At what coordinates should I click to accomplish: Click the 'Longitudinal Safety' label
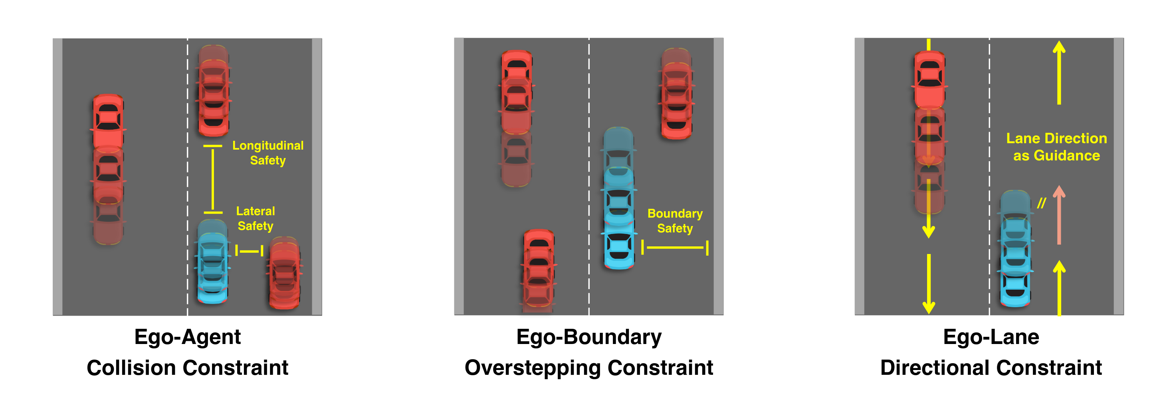point(268,153)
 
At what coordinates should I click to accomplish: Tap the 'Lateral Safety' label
point(256,218)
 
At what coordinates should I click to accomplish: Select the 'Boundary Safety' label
point(675,221)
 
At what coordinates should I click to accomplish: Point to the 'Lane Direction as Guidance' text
point(1056,146)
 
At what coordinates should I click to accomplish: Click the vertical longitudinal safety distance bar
point(213,179)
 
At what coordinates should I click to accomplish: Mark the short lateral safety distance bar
point(249,250)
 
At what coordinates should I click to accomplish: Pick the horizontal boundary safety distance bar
point(675,248)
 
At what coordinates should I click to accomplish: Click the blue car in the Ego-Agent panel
point(212,262)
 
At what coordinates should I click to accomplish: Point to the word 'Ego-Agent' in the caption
point(187,337)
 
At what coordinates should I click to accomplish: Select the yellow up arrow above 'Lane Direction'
point(1059,72)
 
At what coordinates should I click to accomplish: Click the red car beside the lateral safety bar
point(284,273)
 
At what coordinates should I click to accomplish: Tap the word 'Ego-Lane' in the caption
point(991,337)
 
